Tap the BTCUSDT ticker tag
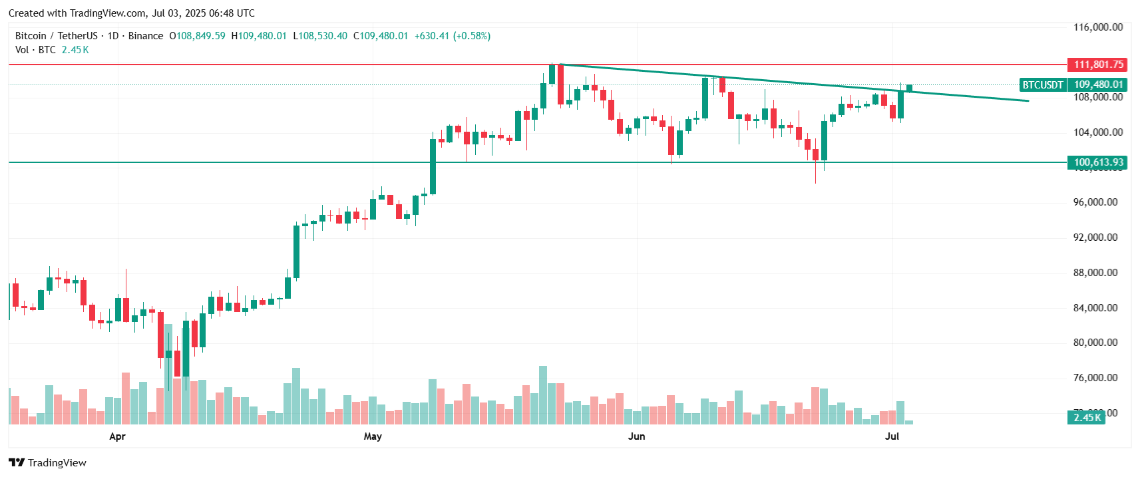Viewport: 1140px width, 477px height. (x=1043, y=84)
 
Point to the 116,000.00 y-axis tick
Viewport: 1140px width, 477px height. (x=1098, y=27)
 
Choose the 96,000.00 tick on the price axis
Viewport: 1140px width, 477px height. (x=1095, y=202)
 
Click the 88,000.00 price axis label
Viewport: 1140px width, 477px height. (x=1095, y=273)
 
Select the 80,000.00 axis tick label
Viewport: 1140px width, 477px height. (x=1095, y=343)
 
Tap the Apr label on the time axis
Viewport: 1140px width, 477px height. (x=117, y=436)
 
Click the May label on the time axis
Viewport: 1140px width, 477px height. (x=373, y=436)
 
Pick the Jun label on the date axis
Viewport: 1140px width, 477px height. (x=637, y=436)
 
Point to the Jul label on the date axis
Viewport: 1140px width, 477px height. (x=892, y=436)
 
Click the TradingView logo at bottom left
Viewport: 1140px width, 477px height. (x=48, y=463)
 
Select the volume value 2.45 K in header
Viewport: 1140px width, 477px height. (x=75, y=50)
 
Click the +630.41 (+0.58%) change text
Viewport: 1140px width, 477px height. (x=453, y=36)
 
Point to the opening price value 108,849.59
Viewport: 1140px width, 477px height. (x=200, y=36)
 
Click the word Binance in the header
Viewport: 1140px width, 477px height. (x=146, y=36)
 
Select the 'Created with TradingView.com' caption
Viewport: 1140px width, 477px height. (x=132, y=13)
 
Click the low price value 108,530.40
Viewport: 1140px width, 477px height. (x=323, y=36)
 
